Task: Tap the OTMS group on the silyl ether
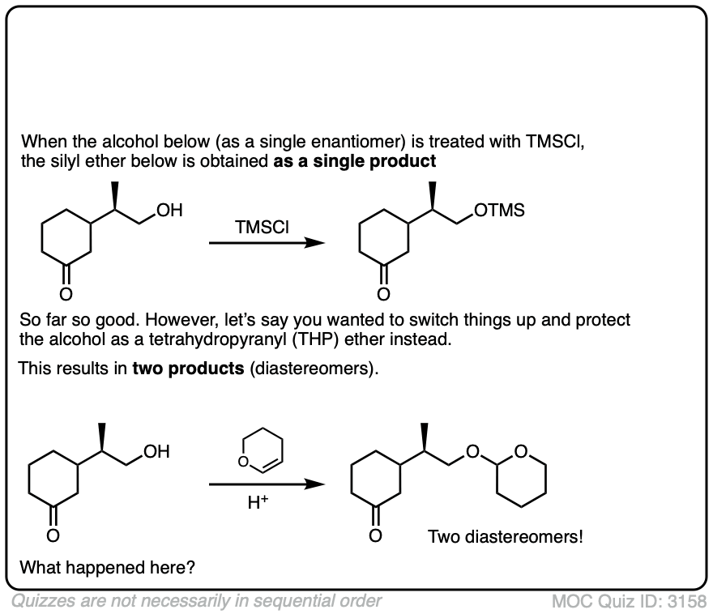click(x=499, y=211)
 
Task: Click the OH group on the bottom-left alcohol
click(x=156, y=452)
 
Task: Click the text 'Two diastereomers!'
click(x=505, y=536)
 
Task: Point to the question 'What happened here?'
click(x=107, y=567)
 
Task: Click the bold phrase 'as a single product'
click(x=356, y=161)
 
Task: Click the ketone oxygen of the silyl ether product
click(x=383, y=292)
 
